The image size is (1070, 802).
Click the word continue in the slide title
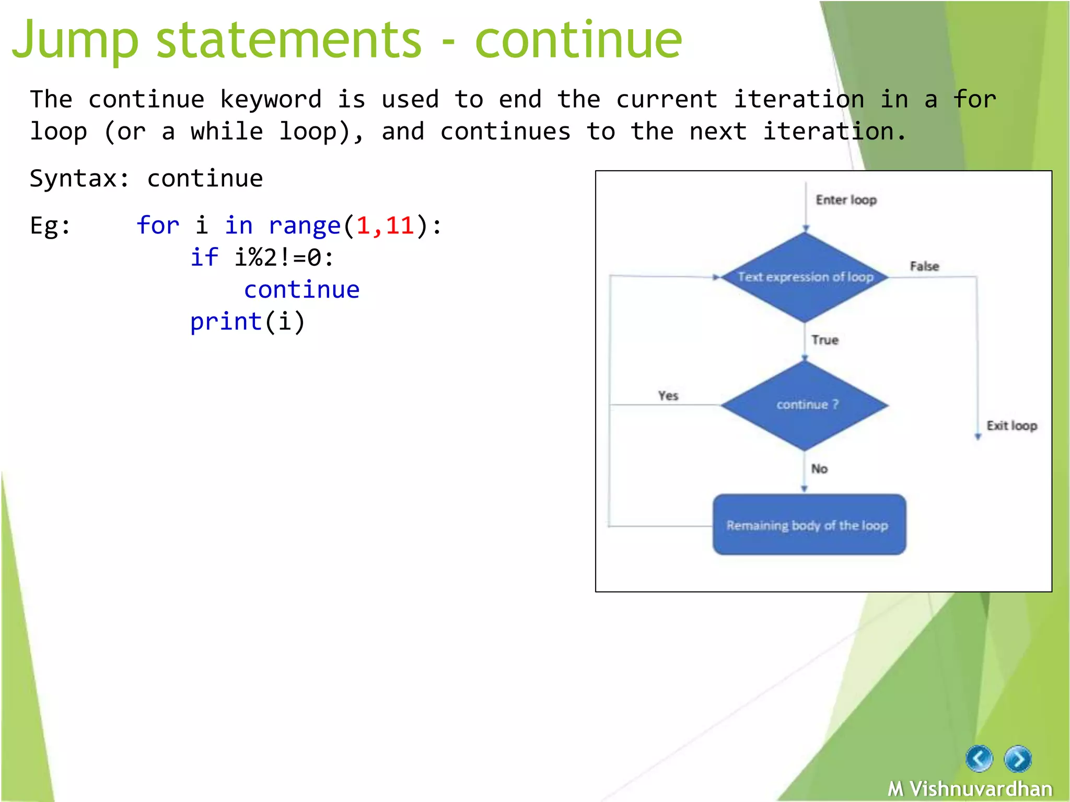(578, 41)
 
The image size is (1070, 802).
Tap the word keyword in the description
(270, 99)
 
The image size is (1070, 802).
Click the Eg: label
(50, 226)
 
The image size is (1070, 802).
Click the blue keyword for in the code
(158, 226)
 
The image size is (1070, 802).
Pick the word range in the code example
(304, 226)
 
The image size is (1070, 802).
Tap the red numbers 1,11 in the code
(385, 226)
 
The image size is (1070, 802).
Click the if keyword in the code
(204, 257)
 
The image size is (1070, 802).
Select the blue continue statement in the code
(301, 290)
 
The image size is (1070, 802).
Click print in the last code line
(226, 322)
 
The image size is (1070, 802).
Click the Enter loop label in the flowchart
(846, 200)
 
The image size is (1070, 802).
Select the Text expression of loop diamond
(805, 277)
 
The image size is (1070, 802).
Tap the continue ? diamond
(805, 405)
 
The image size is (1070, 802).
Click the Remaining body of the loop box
(809, 525)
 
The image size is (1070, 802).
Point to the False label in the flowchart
(924, 266)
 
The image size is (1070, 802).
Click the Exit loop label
(1011, 426)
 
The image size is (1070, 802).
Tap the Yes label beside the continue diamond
(668, 396)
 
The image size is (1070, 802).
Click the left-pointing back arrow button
(979, 759)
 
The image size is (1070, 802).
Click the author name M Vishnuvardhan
(970, 788)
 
